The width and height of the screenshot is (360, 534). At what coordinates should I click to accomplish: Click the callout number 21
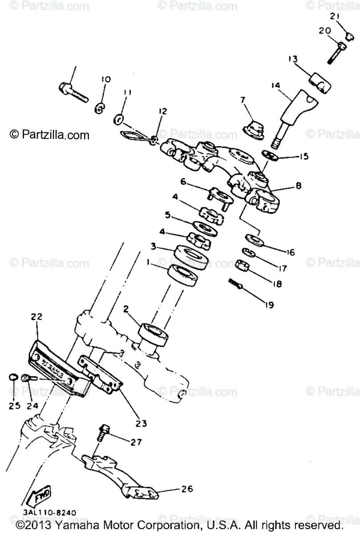point(335,16)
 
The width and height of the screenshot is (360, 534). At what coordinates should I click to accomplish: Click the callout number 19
point(268,305)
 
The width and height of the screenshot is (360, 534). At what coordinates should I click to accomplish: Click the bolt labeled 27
point(102,431)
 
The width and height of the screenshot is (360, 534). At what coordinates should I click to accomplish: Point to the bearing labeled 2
point(154,334)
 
